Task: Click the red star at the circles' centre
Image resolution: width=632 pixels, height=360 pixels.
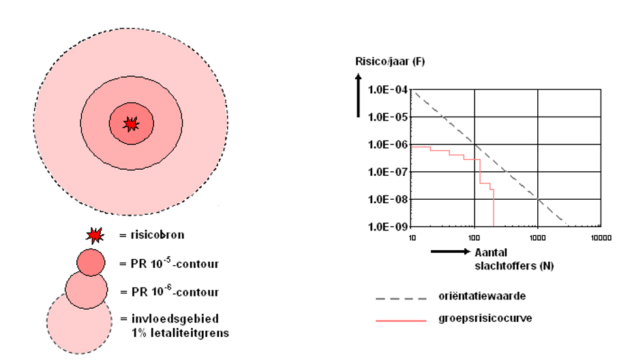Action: tap(131, 123)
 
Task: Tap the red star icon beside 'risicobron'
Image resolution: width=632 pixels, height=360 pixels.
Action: tap(94, 236)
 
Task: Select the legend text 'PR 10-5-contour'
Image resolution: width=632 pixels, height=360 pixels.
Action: tap(168, 262)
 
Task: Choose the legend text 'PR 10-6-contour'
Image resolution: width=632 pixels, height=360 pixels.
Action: tap(168, 292)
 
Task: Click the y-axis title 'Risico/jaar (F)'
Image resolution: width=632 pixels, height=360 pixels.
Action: tap(390, 61)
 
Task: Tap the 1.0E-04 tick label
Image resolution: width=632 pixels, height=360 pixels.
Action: tap(388, 90)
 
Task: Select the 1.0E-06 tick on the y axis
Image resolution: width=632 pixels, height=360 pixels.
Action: tap(388, 145)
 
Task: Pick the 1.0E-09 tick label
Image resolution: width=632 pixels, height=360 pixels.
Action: tap(388, 226)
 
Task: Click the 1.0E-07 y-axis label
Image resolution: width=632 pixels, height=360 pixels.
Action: tap(388, 172)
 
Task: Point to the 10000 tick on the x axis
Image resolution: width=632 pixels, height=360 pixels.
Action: tap(601, 238)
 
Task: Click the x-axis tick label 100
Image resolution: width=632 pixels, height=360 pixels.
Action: tap(475, 238)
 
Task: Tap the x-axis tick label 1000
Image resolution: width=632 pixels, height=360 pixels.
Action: tap(538, 238)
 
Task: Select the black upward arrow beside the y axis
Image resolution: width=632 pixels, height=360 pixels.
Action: tap(359, 95)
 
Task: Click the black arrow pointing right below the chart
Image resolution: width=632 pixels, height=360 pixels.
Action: tap(449, 252)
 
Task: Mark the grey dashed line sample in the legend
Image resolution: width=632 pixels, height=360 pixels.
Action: tap(401, 298)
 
